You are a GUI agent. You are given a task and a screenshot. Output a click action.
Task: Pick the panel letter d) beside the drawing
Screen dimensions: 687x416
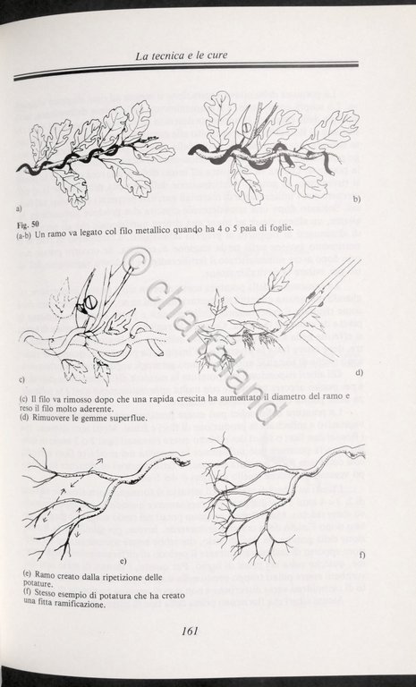[358, 371]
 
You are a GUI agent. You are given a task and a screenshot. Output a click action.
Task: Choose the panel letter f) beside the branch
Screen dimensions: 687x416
[360, 556]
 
